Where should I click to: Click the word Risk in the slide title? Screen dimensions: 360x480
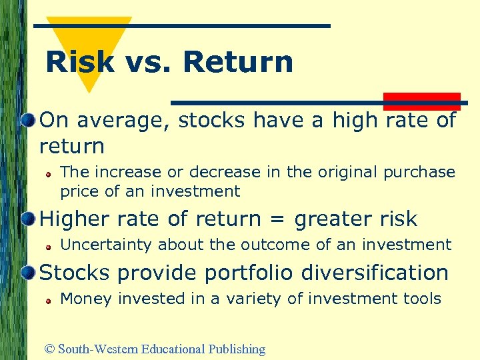(x=79, y=62)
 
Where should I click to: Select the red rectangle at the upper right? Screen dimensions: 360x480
(x=421, y=101)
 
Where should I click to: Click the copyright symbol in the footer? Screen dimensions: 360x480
(x=49, y=349)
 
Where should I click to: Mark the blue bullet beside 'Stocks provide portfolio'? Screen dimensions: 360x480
(x=27, y=273)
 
